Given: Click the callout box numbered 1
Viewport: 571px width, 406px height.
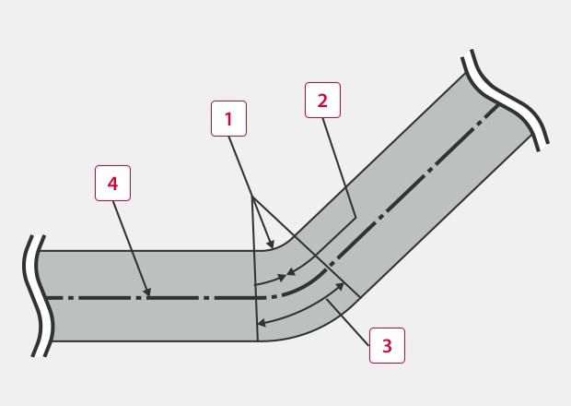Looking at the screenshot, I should [228, 118].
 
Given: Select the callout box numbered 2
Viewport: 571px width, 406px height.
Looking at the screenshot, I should [322, 100].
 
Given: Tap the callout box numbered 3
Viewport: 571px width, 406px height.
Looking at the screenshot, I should [387, 346].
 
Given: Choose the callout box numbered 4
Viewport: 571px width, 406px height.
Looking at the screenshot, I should [112, 183].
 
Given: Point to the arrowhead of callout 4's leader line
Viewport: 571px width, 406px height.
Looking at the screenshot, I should [147, 295].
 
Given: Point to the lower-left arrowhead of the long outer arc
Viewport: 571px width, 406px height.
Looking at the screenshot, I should [261, 324].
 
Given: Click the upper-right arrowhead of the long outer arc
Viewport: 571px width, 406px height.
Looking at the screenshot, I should [342, 286].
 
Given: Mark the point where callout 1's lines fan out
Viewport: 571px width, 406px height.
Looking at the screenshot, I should [251, 196].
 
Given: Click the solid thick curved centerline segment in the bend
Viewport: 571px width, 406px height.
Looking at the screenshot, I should [299, 289].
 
